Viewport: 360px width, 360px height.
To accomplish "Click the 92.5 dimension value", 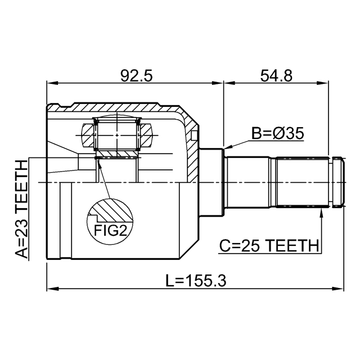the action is click(x=136, y=76).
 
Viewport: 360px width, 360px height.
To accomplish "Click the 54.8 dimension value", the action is click(x=276, y=76).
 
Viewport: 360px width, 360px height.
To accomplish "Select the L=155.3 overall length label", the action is click(x=196, y=281).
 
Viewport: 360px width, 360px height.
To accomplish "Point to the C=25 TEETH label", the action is click(x=269, y=245).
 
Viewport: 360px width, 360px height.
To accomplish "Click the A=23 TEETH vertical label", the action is click(x=21, y=209).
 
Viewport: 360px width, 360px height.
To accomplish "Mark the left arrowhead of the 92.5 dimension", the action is click(x=52, y=83).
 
